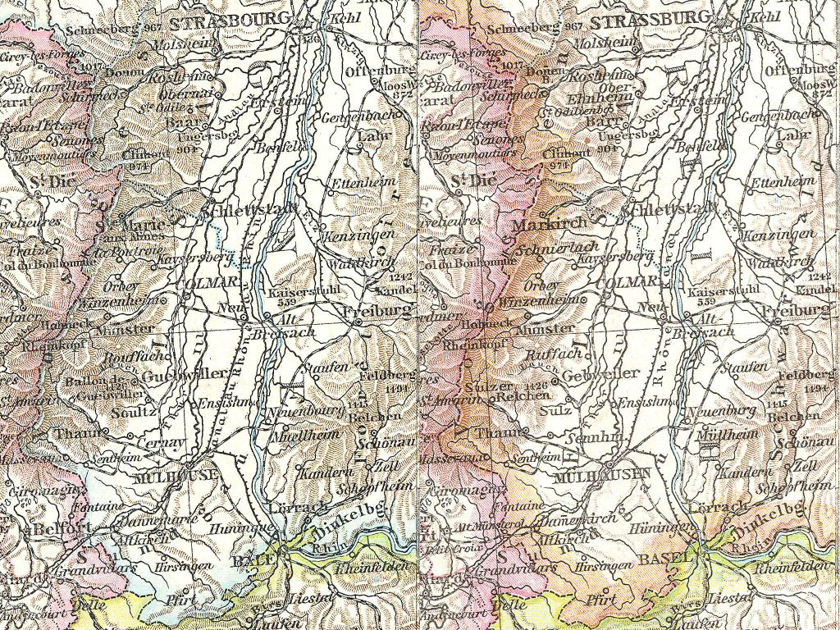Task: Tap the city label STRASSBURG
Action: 649,20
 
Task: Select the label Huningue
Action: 234,532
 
